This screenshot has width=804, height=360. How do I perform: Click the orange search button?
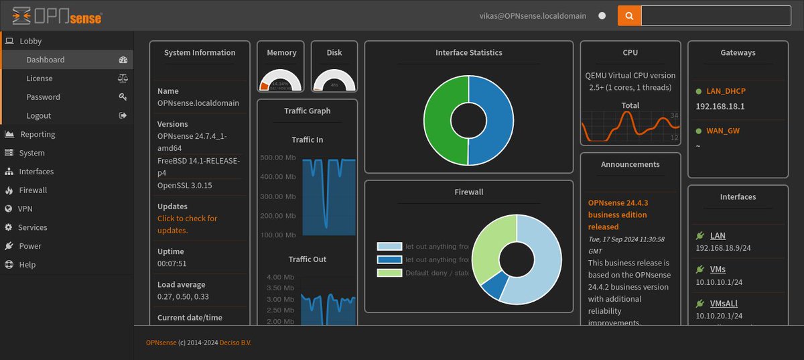[x=628, y=15]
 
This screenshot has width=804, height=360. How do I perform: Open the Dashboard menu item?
[x=46, y=60]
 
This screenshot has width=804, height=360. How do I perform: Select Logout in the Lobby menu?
[x=39, y=116]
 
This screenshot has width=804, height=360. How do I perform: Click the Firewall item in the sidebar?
[x=33, y=190]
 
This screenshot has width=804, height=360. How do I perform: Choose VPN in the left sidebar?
[x=25, y=209]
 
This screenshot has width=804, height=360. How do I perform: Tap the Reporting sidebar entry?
[x=37, y=135]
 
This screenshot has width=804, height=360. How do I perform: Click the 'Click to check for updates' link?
[x=187, y=224]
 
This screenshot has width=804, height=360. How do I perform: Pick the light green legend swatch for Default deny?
[x=389, y=273]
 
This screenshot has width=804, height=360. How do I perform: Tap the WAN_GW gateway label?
[x=723, y=131]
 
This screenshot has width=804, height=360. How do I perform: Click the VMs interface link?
[x=718, y=269]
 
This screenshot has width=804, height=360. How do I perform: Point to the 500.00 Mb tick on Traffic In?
[x=277, y=158]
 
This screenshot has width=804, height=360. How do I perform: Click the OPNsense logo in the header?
[x=57, y=15]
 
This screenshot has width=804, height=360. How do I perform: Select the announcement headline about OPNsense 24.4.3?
[x=618, y=215]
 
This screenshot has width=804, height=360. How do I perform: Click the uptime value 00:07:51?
[x=172, y=263]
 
